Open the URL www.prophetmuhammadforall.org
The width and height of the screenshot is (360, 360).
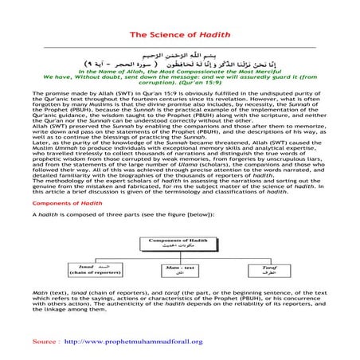[132, 341]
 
